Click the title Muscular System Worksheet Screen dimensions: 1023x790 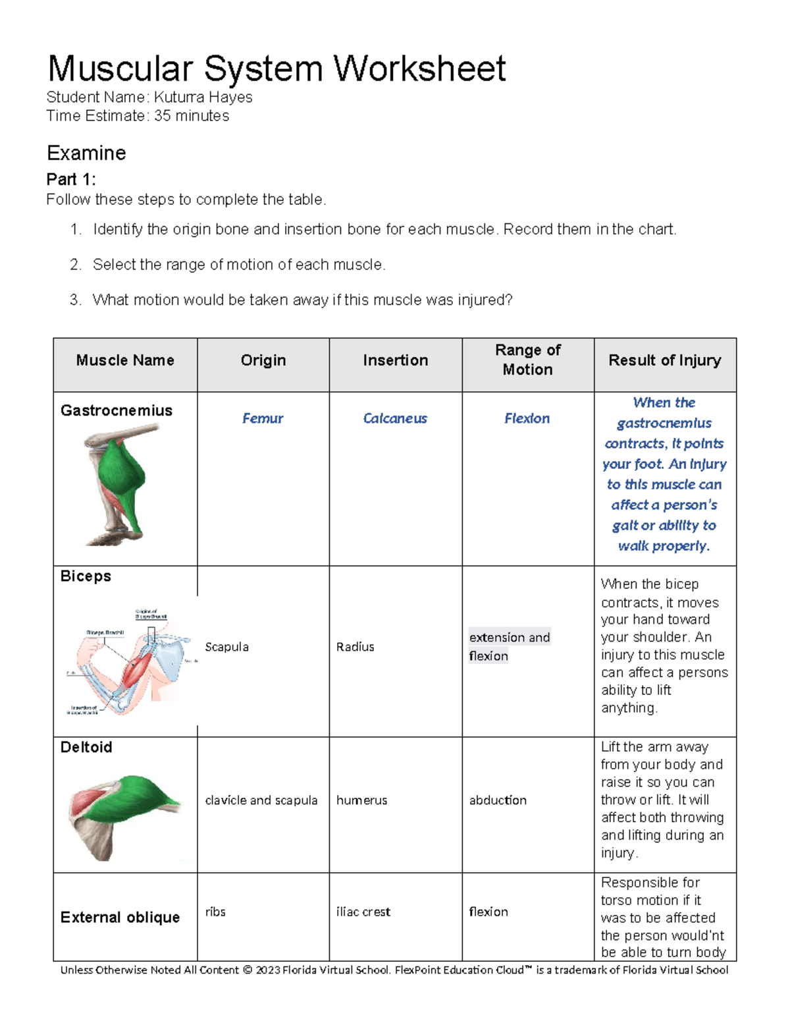tap(276, 69)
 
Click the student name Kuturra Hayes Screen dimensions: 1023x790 tap(203, 97)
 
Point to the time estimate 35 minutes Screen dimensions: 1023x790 tap(192, 116)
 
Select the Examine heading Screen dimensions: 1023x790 tap(86, 153)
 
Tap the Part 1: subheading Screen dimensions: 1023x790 tap(71, 179)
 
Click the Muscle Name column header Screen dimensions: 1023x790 tap(125, 360)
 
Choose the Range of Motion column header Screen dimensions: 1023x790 tap(527, 360)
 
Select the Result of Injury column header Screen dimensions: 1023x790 tap(664, 360)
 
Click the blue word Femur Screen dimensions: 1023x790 tap(263, 418)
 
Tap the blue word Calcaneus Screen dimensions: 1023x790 tap(395, 418)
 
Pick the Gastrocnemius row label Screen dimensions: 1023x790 tap(117, 410)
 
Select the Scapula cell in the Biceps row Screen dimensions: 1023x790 tap(226, 647)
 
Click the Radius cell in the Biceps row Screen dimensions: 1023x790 tap(355, 647)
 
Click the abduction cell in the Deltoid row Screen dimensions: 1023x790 tap(498, 800)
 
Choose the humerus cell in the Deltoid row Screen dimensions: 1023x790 tap(361, 800)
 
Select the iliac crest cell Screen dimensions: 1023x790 tap(363, 912)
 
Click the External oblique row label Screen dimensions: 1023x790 tap(120, 917)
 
